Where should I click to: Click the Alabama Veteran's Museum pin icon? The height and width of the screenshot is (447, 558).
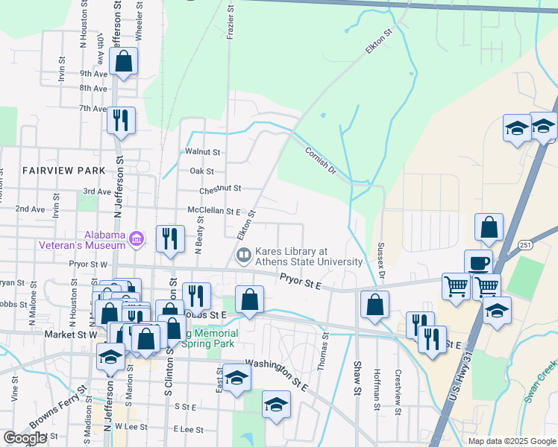[x=137, y=238]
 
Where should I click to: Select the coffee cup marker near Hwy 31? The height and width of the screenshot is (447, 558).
[x=477, y=263]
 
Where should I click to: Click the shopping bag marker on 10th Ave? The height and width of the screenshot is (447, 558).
[x=124, y=61]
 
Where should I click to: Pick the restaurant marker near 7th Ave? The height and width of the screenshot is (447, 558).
[x=121, y=121]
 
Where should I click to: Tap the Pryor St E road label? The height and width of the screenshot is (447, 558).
[x=301, y=280]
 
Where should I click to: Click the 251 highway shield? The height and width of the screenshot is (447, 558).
[x=524, y=244]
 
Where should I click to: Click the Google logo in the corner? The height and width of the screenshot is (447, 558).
[x=25, y=438]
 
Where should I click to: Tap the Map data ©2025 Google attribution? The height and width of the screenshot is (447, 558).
[x=511, y=441]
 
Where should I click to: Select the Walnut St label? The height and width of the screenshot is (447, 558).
[x=203, y=152]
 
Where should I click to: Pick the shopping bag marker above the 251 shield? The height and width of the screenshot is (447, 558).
[x=489, y=228]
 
